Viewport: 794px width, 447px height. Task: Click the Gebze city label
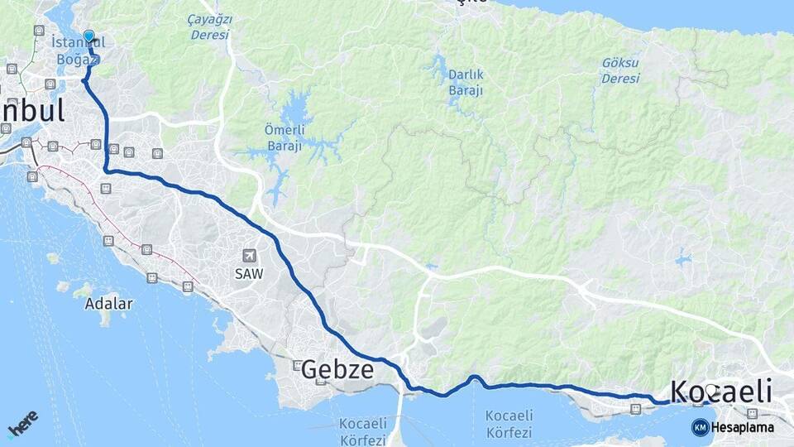coord(337,370)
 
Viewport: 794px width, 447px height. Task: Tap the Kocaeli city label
coord(720,391)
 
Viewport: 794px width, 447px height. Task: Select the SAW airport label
coord(248,274)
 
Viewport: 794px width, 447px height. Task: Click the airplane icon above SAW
coord(249,256)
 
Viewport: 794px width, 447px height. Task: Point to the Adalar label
coord(108,303)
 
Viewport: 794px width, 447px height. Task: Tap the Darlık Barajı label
coord(466,81)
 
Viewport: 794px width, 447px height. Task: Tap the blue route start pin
coord(88,36)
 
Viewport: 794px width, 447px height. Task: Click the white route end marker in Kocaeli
coord(710,389)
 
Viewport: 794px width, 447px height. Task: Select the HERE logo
coord(22,424)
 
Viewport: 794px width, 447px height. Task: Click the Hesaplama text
coord(743,428)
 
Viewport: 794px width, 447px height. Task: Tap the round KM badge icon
coord(700,427)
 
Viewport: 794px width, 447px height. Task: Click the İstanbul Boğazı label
coord(74,50)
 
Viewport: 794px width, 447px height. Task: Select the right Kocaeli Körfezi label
coord(509,423)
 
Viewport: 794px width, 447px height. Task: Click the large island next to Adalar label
coord(84,291)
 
